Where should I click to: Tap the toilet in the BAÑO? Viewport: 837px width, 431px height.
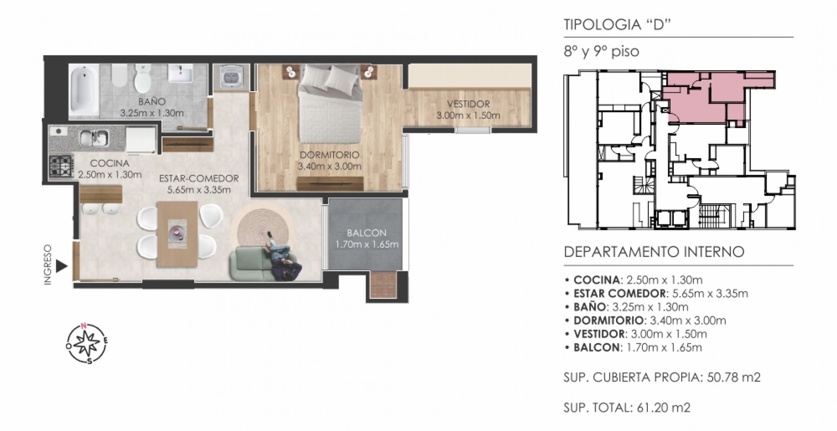[142, 78]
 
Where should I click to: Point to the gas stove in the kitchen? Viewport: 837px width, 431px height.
[61, 166]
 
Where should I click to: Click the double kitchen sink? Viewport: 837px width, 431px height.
[94, 138]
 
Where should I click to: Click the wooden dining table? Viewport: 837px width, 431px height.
[177, 234]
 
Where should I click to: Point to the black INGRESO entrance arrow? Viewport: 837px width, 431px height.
[62, 266]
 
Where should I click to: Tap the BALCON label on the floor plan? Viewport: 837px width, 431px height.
[367, 233]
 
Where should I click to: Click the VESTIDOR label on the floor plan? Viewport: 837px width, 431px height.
[468, 104]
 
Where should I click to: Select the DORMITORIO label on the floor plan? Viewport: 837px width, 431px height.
[329, 155]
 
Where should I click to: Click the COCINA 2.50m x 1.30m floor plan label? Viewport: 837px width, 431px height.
[110, 169]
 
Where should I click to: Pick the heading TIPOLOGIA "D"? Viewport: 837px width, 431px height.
[617, 24]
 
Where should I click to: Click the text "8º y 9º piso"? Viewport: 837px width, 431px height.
[601, 52]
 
